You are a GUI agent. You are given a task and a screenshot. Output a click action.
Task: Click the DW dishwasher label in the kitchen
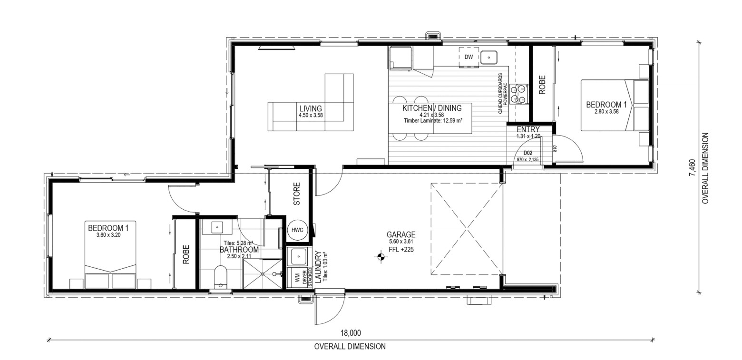[x=469, y=57]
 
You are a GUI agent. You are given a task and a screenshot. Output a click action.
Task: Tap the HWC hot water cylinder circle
[x=297, y=230]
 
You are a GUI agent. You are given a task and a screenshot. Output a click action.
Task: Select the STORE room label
[x=297, y=194]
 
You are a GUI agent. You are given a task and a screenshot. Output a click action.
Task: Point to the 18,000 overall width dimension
[x=351, y=333]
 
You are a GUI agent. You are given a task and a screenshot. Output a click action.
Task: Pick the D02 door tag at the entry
[x=527, y=153]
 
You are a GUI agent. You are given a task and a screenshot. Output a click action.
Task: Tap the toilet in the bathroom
[x=220, y=277]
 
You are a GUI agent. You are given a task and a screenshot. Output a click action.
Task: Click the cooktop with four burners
[x=519, y=94]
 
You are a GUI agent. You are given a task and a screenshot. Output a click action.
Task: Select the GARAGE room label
[x=401, y=235]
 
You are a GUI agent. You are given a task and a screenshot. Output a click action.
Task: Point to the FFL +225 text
[x=401, y=250]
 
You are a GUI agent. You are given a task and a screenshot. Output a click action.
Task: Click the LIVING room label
[x=311, y=108]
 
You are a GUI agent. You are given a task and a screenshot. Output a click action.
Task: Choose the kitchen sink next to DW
[x=488, y=57]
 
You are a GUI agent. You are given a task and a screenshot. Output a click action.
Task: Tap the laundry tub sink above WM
[x=299, y=256]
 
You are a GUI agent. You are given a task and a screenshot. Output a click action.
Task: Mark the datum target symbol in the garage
[x=381, y=256]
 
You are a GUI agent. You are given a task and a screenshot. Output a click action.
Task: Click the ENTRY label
[x=528, y=129]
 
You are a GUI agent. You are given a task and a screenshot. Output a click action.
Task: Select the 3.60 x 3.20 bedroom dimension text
[x=108, y=235]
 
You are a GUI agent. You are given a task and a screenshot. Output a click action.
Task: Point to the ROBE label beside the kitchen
[x=542, y=85]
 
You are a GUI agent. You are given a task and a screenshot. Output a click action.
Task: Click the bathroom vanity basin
[x=217, y=227]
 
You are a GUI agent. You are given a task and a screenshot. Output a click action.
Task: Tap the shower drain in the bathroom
[x=263, y=274]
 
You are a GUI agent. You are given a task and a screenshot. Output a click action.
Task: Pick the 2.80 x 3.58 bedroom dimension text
[x=606, y=112]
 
